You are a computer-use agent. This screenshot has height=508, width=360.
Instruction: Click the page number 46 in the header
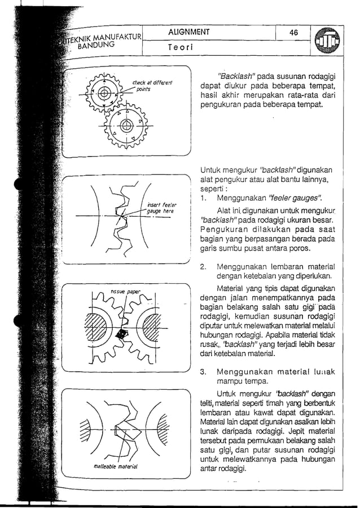[x=293, y=33]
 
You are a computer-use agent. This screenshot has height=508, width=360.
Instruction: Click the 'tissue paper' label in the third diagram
[x=124, y=292]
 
